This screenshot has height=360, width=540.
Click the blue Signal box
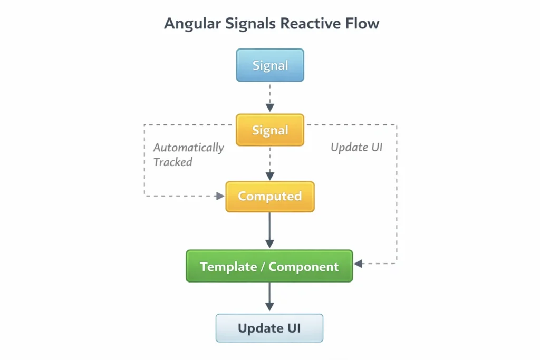[x=270, y=65]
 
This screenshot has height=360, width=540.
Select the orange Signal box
[x=270, y=130]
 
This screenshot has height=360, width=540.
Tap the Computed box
[x=270, y=197]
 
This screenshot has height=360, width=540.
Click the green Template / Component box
[x=269, y=266]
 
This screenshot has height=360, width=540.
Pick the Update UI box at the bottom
[x=269, y=328]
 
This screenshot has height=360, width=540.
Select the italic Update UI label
[x=356, y=148]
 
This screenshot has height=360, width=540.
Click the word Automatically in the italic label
[x=189, y=148]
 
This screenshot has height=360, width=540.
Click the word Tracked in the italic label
[x=172, y=162]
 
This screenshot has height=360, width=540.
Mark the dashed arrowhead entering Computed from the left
[x=220, y=196]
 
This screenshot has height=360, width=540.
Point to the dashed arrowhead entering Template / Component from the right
[x=358, y=263]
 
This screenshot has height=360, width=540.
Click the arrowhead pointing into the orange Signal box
[x=270, y=108]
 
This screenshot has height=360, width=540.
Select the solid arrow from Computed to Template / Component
[x=270, y=229]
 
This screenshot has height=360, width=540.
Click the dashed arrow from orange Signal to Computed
[x=270, y=163]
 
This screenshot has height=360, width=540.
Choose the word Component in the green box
[x=304, y=267]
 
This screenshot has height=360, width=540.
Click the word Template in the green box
[x=228, y=267]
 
